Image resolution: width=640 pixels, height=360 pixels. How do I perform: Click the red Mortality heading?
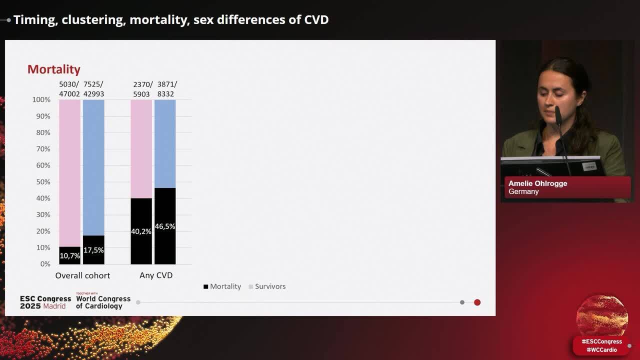53,69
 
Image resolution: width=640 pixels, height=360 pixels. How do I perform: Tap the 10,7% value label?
69,255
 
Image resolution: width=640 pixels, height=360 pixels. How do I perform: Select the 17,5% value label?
93,250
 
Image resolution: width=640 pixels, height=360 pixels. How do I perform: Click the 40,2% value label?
141,231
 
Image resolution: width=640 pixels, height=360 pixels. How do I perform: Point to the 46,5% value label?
165,226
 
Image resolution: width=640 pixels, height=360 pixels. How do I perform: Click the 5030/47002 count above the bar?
69,89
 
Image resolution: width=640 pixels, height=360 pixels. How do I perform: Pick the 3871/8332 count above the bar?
166,89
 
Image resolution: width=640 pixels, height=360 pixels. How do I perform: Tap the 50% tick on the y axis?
42,182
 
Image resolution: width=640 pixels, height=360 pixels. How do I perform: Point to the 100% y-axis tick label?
41,100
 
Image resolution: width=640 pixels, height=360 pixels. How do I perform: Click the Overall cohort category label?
82,275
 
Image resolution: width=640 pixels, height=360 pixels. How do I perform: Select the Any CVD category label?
156,275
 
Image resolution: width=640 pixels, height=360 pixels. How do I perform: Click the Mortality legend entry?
222,286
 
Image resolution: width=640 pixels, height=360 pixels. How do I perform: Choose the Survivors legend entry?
267,286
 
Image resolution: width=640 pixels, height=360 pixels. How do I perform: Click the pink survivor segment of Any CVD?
141,148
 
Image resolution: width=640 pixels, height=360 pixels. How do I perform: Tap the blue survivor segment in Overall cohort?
93,167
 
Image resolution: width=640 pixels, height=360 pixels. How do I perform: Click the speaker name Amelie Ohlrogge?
537,183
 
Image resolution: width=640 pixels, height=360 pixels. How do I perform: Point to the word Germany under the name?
523,191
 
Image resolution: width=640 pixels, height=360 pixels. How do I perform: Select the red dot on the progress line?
477,302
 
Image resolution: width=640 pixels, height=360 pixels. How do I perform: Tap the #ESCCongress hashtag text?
601,342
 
